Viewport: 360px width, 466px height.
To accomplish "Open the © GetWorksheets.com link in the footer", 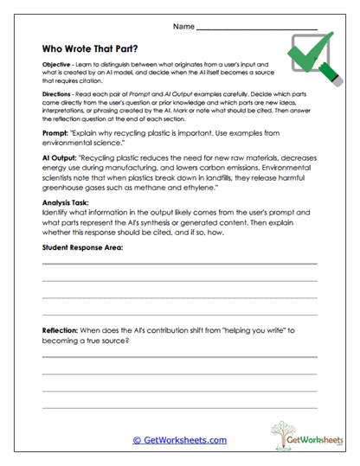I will [179, 440].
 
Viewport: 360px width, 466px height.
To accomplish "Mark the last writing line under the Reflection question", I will [179, 408].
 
